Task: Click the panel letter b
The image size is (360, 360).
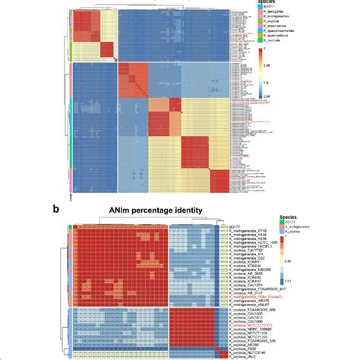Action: tap(73, 209)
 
